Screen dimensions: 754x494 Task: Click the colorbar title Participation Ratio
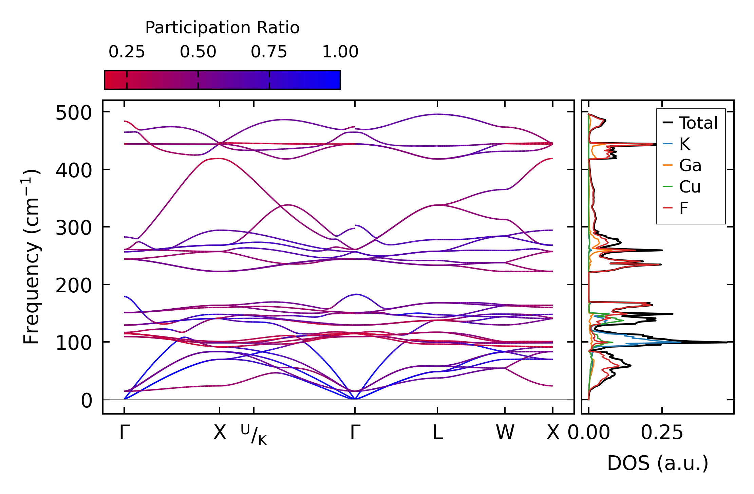(x=222, y=28)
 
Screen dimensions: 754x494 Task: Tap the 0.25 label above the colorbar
(x=127, y=52)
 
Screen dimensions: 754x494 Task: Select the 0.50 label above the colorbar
(x=198, y=52)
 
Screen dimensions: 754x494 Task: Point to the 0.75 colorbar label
(x=269, y=52)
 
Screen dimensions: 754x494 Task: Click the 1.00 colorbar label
(x=340, y=52)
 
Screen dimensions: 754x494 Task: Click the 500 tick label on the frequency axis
(x=74, y=113)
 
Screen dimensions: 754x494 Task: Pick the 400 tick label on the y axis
(x=74, y=170)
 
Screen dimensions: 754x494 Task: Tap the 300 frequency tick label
(x=74, y=228)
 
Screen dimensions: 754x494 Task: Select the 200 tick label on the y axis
(x=74, y=286)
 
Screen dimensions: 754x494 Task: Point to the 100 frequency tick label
(x=74, y=343)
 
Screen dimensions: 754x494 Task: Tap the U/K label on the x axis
(x=254, y=435)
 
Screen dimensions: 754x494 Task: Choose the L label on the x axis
(x=437, y=433)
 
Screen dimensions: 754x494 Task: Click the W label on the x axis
(x=505, y=433)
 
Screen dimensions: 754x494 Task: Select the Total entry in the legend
(x=690, y=123)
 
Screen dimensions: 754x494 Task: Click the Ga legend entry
(x=682, y=165)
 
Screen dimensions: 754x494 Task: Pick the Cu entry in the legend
(x=681, y=187)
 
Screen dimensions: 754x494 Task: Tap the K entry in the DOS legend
(x=676, y=144)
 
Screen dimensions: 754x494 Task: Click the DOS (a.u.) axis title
(x=658, y=463)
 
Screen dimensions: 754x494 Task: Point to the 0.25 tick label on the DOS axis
(x=662, y=433)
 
